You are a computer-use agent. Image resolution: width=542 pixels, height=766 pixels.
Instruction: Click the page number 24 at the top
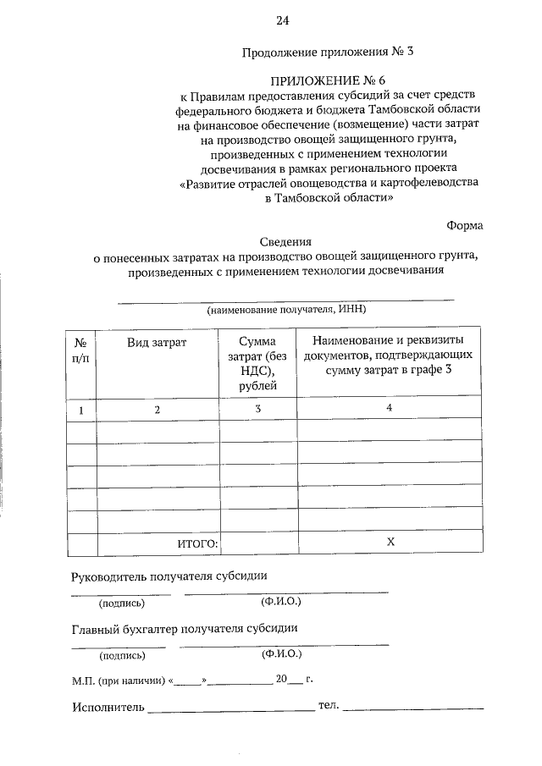281,20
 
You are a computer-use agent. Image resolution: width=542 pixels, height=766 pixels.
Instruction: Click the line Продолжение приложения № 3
328,52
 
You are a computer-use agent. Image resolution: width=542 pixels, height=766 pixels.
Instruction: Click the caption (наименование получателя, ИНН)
285,310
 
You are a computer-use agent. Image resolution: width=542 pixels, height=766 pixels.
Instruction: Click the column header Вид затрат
157,342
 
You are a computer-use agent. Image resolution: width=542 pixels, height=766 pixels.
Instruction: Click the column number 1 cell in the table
82,410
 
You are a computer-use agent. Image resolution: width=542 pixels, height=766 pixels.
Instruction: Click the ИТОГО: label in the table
197,543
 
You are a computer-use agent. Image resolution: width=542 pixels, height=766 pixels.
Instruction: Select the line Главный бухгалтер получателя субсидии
185,629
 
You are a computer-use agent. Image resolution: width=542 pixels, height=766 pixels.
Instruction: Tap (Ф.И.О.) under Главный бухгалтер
281,654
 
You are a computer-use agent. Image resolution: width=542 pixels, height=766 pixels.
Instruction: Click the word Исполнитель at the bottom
108,707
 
